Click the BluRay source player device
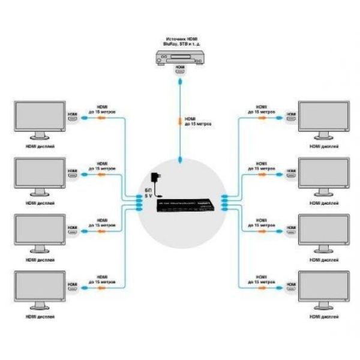[x=179, y=58]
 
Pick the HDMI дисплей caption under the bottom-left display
[x=41, y=317]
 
